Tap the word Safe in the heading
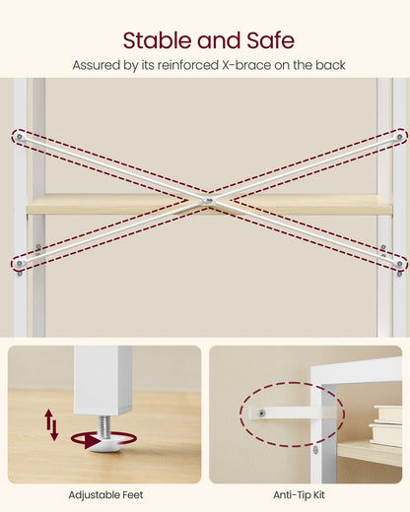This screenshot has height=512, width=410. pos(270,40)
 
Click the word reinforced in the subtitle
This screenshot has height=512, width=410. pos(188,65)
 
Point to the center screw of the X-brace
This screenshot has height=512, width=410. pos(207,200)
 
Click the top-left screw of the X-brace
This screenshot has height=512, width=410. pos(20,137)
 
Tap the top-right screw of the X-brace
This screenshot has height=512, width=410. pos(399,137)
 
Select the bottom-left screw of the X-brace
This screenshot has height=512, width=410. pos(20,263)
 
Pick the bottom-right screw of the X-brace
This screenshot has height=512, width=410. pos(399,264)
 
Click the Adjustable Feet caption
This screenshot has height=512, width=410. pos(105,495)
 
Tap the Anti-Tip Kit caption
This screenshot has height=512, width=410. pos(299,495)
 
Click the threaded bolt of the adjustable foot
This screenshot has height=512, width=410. pos(105,426)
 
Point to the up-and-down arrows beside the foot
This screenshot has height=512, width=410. pos(51,424)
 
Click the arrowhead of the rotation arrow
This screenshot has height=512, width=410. pos(92,440)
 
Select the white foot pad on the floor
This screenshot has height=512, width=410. pos(104,444)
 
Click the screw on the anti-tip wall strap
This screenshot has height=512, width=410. pos(262,414)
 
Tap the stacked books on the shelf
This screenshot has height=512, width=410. pos(386,425)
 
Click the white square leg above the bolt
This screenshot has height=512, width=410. pos(102,380)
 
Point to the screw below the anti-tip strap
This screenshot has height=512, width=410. pos(315,450)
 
